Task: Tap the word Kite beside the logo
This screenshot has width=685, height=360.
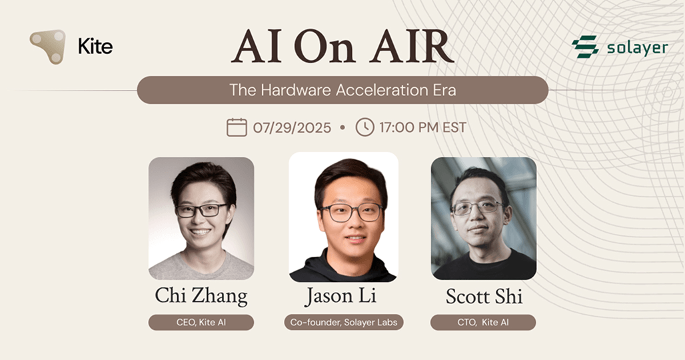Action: pos(95,47)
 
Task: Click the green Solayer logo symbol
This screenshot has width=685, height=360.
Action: pos(585,47)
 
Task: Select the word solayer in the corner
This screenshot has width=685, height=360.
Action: pos(637,48)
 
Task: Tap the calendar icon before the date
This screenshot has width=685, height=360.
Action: pos(237,127)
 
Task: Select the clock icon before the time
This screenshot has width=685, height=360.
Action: pos(364,127)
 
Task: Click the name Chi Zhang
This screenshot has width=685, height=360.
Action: pos(201,295)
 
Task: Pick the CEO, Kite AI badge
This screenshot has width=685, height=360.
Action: pos(201,323)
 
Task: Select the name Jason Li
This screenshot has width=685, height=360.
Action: pos(344,296)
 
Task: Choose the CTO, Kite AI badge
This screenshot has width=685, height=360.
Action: pos(483,323)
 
